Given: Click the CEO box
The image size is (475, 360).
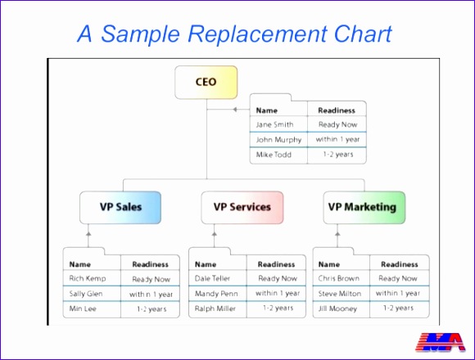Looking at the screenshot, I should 206,82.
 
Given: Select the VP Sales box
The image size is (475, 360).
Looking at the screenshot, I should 120,207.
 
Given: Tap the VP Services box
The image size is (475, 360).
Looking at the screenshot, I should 242,207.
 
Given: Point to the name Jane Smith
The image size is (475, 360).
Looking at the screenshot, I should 274,125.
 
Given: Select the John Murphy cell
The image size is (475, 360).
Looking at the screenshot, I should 278,140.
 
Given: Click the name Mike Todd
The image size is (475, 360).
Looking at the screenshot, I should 274,155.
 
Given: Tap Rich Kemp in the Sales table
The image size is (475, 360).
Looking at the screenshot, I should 88,279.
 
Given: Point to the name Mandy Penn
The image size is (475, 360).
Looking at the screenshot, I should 216,293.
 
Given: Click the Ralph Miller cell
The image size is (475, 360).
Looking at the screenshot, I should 216,308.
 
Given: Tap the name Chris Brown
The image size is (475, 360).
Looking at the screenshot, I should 339,278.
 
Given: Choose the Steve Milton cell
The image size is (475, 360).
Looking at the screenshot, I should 340,293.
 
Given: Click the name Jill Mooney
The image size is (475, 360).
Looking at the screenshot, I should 338,308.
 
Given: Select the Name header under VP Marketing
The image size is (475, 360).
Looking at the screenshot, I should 329,264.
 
